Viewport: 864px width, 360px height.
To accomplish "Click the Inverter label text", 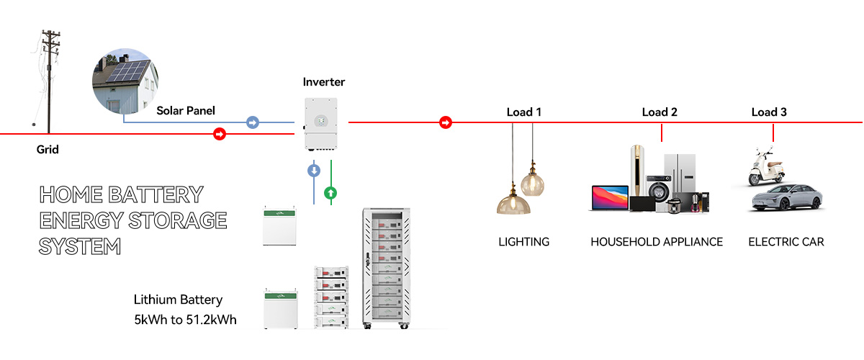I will coord(324,82).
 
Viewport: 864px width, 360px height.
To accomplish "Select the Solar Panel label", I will coord(186,111).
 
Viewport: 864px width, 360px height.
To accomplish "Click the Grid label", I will coord(48,150).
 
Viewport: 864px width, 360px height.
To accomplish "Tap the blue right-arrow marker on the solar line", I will coord(253,122).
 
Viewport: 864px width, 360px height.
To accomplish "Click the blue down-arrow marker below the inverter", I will coord(314,171).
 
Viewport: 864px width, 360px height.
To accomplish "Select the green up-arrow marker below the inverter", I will coord(330,192).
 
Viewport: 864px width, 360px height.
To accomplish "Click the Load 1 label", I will coord(523,112).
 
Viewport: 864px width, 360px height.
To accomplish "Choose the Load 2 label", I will coord(660,112).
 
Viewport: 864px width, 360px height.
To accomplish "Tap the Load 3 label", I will coord(769,112).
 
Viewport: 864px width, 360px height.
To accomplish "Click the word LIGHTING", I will coord(523,242).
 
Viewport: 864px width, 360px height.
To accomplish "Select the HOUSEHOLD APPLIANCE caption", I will coord(657,242).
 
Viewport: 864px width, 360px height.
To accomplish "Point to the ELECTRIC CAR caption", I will coord(786,242).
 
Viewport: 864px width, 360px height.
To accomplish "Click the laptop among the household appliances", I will coord(608,199).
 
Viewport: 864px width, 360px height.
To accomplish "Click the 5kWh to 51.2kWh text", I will coord(185,319).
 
